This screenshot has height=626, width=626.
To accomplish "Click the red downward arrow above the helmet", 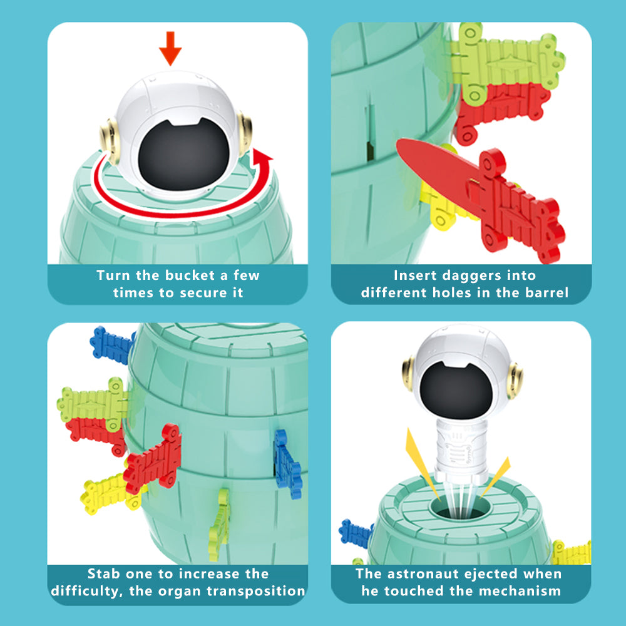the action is click(170, 48).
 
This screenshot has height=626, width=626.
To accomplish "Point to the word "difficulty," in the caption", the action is click(87, 592).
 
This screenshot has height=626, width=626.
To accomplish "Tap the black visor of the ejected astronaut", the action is click(456, 389).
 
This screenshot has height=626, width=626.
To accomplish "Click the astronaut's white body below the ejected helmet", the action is click(461, 451).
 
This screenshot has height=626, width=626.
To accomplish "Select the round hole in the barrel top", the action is click(460, 508).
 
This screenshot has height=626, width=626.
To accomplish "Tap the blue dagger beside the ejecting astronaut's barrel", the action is click(356, 533).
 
